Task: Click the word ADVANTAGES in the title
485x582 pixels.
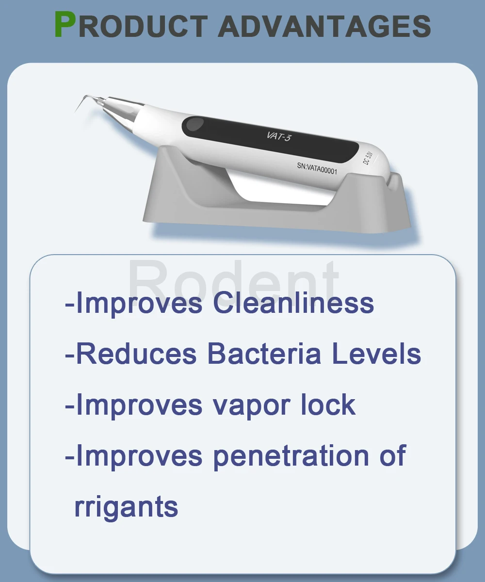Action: coord(324,26)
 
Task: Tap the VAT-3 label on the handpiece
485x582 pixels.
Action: coord(279,136)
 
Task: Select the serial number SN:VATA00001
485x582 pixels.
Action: coord(317,169)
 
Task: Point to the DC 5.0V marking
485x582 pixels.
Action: coord(367,158)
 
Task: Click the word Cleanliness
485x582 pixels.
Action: coord(293,303)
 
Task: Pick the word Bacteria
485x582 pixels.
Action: coord(264,354)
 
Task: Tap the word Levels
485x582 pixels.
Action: coord(376,354)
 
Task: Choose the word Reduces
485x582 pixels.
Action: coord(137,354)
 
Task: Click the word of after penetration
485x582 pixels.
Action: coord(393,455)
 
